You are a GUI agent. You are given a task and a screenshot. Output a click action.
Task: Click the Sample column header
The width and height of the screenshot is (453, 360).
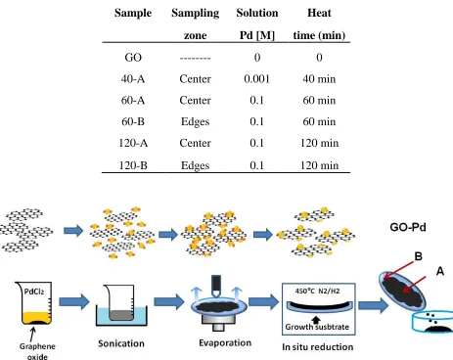pyautogui.click(x=133, y=13)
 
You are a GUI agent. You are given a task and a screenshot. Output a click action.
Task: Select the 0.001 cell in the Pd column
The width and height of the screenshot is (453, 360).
pyautogui.click(x=257, y=79)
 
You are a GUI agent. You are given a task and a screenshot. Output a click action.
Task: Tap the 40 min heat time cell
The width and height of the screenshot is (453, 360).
pyautogui.click(x=319, y=79)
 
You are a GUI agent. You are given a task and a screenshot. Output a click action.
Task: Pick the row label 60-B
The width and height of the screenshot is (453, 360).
pyautogui.click(x=133, y=121)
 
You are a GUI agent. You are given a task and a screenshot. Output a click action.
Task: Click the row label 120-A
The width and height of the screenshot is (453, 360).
pyautogui.click(x=133, y=143)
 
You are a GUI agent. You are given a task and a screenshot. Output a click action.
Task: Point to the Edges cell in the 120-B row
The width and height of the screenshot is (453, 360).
pyautogui.click(x=195, y=165)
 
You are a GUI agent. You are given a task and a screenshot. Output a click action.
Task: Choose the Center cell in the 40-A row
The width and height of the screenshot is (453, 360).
pyautogui.click(x=195, y=79)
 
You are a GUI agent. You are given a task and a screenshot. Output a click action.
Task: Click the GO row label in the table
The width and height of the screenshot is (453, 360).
pyautogui.click(x=133, y=58)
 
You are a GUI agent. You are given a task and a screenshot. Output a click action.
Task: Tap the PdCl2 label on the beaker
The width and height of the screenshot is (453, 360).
pyautogui.click(x=34, y=292)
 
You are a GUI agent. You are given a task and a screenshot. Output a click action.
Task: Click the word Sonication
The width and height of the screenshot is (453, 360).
pyautogui.click(x=121, y=343)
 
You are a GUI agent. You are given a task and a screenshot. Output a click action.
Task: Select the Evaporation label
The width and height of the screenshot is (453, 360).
pyautogui.click(x=225, y=343)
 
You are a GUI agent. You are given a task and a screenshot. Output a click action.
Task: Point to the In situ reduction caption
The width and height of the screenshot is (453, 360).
pyautogui.click(x=318, y=347)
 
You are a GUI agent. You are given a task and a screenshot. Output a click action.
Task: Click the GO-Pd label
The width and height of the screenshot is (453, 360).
pyautogui.click(x=408, y=227)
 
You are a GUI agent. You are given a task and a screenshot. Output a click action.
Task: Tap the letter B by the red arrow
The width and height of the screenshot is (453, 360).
pyautogui.click(x=418, y=256)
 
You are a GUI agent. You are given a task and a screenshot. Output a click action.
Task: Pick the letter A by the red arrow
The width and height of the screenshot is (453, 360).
pyautogui.click(x=440, y=271)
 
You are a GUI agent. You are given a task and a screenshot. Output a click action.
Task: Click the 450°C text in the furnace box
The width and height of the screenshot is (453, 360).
pyautogui.click(x=304, y=291)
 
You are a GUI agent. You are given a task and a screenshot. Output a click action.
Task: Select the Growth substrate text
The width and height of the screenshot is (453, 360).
pyautogui.click(x=317, y=327)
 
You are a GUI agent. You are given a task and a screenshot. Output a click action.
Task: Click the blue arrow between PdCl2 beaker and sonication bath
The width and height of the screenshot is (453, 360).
pyautogui.click(x=74, y=301)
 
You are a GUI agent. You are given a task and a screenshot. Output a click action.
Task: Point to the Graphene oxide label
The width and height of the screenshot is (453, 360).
pyautogui.click(x=37, y=351)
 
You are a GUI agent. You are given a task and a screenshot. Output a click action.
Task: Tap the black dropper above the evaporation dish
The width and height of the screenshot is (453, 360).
pyautogui.click(x=216, y=286)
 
